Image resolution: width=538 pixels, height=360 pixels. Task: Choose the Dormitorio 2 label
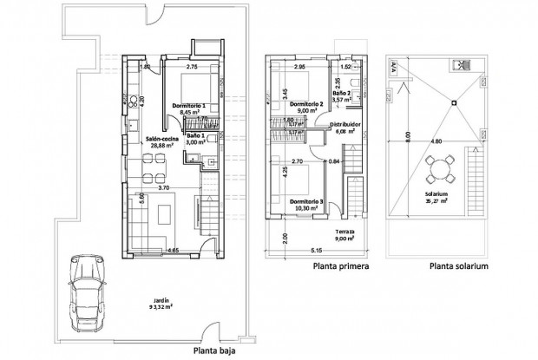(x=308, y=104)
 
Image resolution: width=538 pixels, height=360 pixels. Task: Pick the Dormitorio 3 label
(x=308, y=201)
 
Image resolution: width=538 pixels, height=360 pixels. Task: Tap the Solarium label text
(x=436, y=194)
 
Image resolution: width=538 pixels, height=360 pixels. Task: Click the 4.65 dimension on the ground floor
(x=174, y=251)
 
